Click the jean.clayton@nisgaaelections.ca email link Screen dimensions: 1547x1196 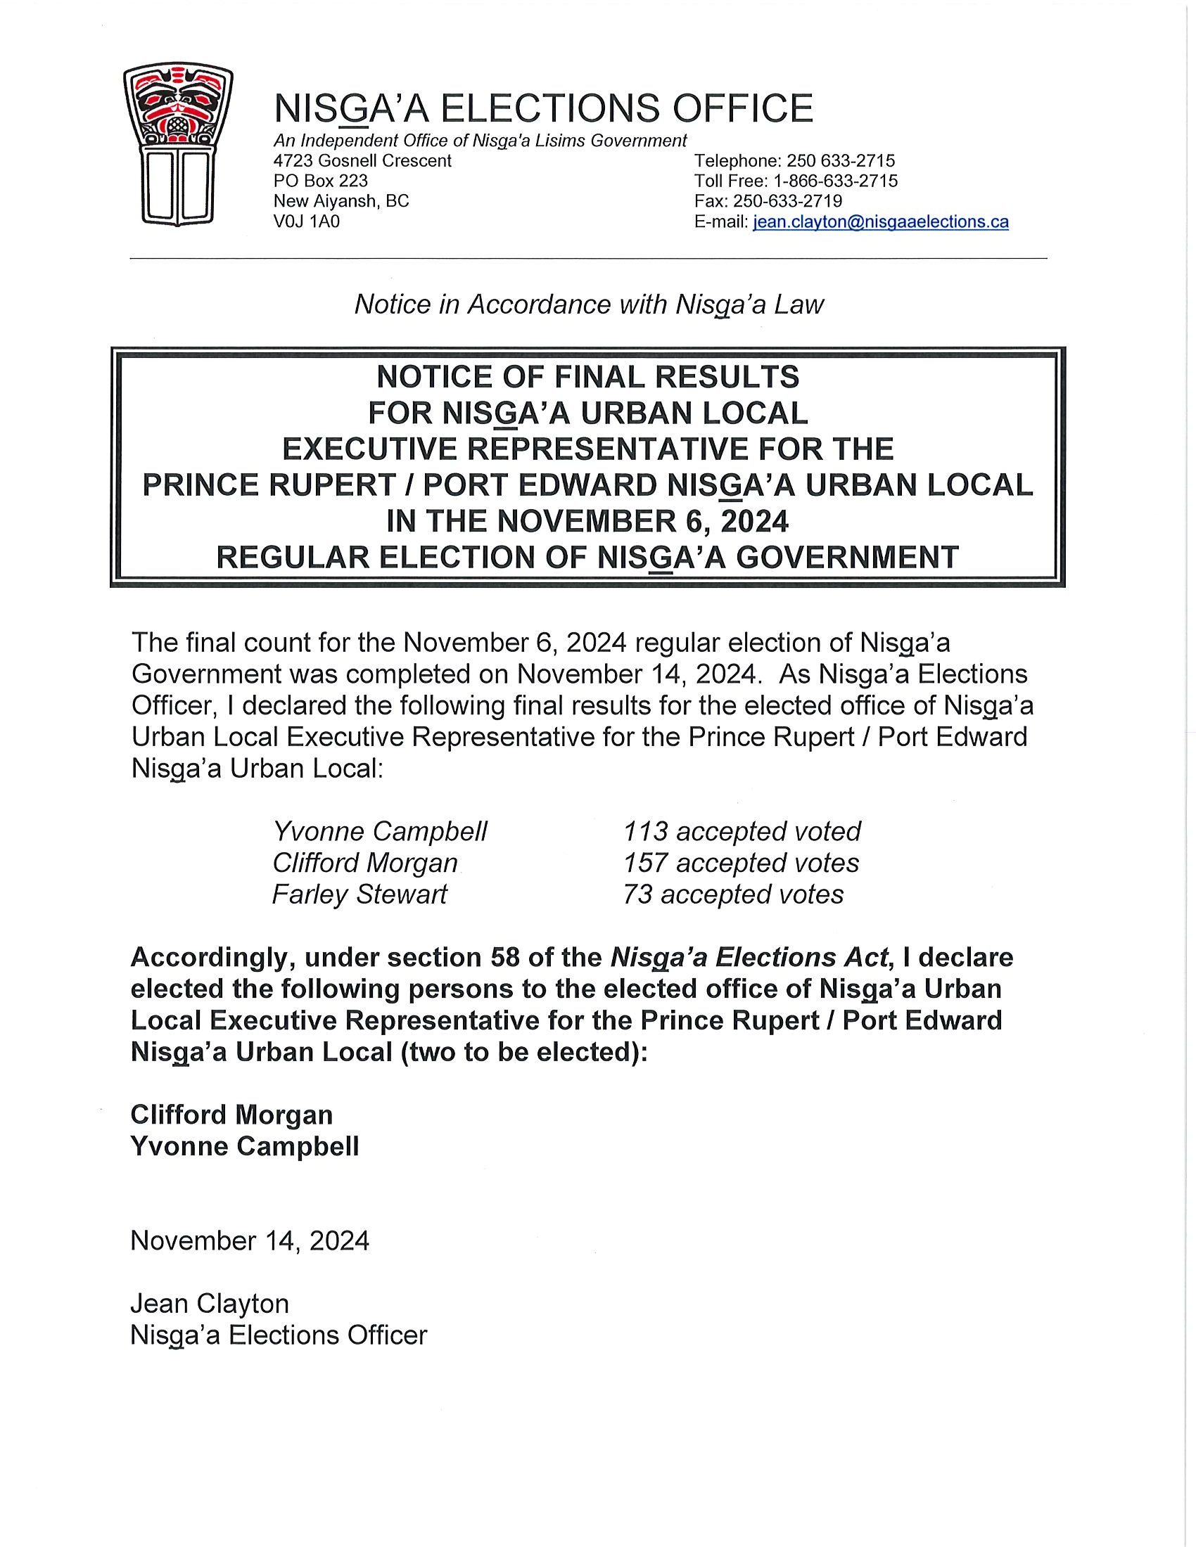tap(880, 222)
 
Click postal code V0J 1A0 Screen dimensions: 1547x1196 tap(306, 222)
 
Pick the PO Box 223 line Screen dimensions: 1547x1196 tap(320, 181)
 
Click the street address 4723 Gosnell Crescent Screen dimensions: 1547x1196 tap(362, 161)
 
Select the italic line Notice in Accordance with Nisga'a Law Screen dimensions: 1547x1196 tap(588, 304)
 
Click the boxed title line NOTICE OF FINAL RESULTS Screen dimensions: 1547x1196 tap(587, 377)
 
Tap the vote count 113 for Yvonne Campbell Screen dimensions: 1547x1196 tap(644, 831)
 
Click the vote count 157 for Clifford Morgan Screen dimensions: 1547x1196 tap(644, 863)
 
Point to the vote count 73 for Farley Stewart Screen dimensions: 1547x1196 tap(637, 894)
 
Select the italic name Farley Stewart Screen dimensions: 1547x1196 tap(360, 894)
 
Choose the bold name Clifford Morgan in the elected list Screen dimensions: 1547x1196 tap(231, 1115)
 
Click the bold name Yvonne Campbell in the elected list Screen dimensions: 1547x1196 tap(244, 1146)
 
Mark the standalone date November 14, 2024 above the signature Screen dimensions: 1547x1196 tap(250, 1241)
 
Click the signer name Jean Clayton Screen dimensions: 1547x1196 tap(209, 1304)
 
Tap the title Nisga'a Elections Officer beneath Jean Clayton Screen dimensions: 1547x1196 tap(279, 1335)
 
